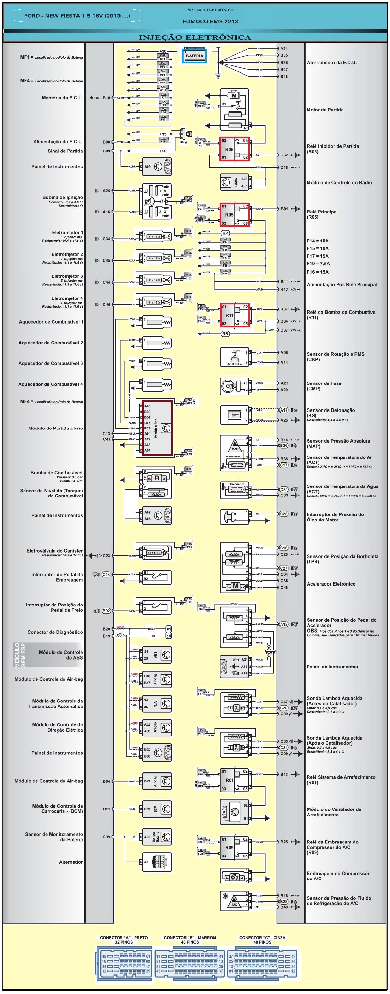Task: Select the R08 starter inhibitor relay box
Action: coord(234,149)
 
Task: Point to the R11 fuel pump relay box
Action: coord(234,315)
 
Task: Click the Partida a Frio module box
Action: coord(157,428)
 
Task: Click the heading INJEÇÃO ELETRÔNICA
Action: coord(195,37)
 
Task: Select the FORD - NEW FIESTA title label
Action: coord(77,16)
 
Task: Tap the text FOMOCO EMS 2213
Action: coord(210,22)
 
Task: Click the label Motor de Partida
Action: coord(325,110)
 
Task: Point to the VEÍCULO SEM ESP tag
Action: coord(20,655)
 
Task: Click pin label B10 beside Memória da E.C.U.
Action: coord(106,98)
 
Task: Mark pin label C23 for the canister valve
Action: coord(106,556)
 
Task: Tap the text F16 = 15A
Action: coord(318,272)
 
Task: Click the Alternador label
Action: coord(70,862)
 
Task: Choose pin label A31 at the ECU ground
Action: coord(284,48)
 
